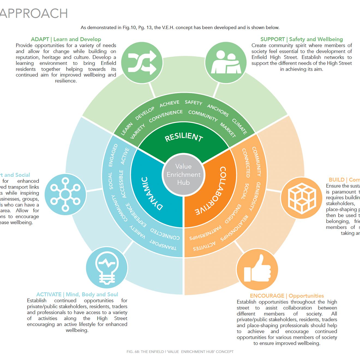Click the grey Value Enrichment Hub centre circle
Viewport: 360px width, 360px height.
tap(183, 175)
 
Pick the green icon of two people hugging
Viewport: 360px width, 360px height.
tap(226, 63)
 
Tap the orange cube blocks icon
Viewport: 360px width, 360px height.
tap(301, 198)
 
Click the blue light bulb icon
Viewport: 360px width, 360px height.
tap(107, 268)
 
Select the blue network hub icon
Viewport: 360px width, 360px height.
tap(65, 194)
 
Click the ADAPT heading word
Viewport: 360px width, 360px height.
tap(40, 39)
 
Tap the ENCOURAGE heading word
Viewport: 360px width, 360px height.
tap(267, 296)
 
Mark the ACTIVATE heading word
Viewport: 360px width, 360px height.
tap(49, 295)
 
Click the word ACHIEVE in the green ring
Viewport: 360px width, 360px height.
tap(169, 104)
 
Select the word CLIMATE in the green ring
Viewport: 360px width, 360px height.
tap(239, 126)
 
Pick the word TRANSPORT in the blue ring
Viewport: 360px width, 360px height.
tap(163, 245)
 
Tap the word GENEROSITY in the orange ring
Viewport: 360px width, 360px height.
tap(254, 196)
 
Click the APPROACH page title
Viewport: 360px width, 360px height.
tap(34, 13)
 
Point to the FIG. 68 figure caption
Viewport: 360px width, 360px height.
tap(180, 352)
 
